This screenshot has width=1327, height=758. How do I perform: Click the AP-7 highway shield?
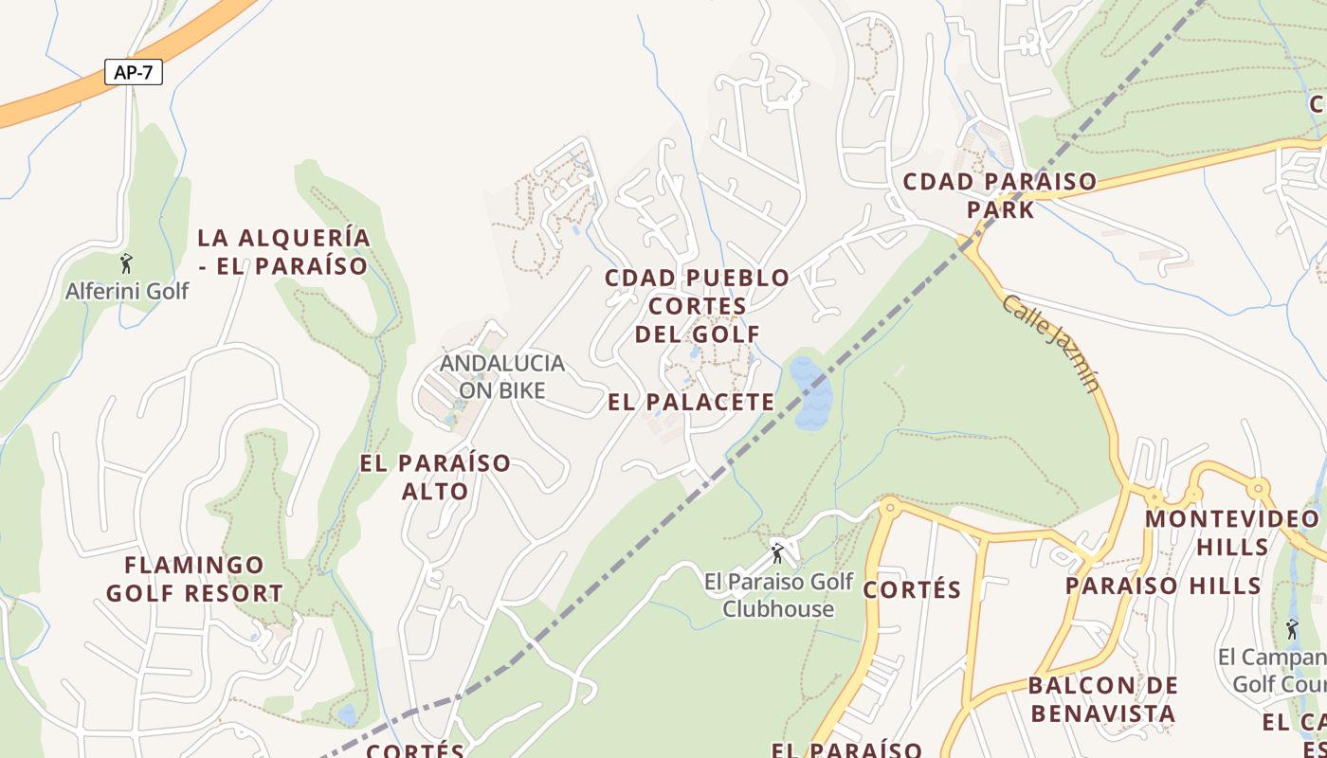coord(134,72)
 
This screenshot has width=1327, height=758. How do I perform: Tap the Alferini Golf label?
coord(127,291)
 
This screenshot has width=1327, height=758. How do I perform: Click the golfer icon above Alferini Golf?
coord(126,263)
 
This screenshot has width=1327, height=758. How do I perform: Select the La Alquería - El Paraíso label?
coord(283,251)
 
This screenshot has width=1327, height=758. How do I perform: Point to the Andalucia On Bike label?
coord(502,376)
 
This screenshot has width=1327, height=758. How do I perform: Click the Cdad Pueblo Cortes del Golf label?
coord(698,305)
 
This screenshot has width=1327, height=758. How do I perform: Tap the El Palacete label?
coord(691,402)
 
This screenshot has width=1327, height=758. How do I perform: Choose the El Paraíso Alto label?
coord(435,477)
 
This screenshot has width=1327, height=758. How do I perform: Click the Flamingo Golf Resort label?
coord(194,579)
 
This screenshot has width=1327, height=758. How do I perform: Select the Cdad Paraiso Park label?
coord(1000,194)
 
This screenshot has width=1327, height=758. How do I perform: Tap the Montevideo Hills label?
coord(1232,532)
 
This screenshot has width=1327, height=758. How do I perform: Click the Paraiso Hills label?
coord(1163,585)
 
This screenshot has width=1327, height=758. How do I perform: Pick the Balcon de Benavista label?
coord(1103,698)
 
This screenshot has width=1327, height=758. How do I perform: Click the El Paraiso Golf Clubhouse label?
coord(778,594)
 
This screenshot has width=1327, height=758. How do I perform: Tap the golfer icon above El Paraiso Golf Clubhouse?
coord(777,552)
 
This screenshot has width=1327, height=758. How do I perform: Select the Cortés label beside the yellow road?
coord(912,589)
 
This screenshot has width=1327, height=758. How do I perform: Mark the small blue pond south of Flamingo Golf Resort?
coord(348,713)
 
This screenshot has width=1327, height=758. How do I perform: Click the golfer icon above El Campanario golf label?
coord(1292,628)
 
